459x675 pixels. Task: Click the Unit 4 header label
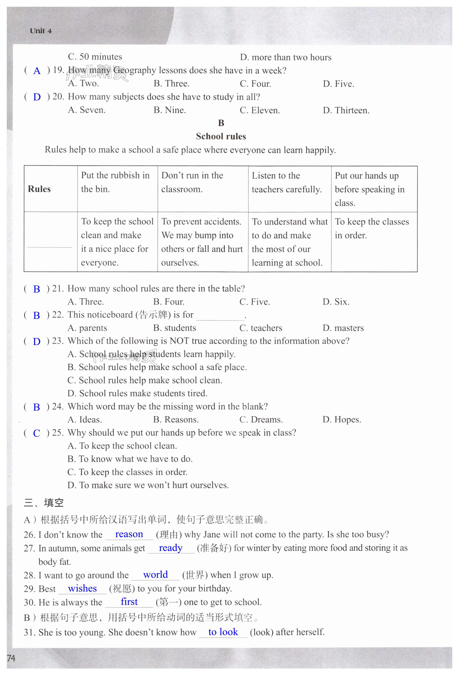(x=41, y=31)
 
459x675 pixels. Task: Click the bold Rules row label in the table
(x=39, y=189)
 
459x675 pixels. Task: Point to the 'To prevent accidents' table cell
(x=202, y=242)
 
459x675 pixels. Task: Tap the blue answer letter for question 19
(x=37, y=71)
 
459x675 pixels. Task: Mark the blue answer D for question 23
(x=37, y=341)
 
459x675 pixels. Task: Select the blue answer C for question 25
(x=37, y=433)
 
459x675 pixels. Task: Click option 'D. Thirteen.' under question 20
(x=346, y=110)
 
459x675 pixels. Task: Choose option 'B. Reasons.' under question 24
(x=176, y=420)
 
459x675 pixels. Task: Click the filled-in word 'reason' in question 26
(x=129, y=534)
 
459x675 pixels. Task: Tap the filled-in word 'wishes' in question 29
(x=82, y=588)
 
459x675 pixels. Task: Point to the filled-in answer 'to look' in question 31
(x=223, y=632)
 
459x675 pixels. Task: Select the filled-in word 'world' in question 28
(x=155, y=575)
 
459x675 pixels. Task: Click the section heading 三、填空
(x=44, y=502)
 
